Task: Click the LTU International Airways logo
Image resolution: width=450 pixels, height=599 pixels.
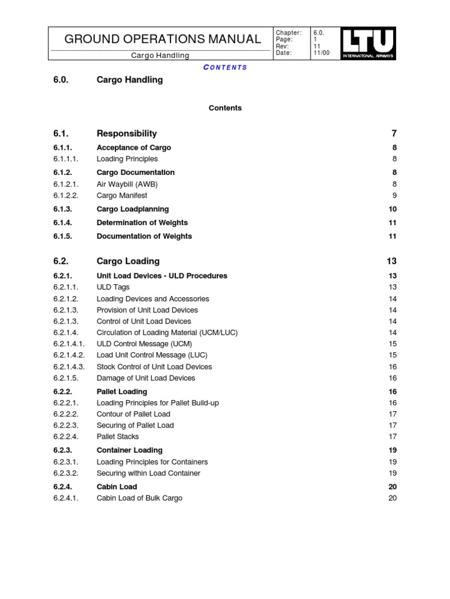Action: pos(368,44)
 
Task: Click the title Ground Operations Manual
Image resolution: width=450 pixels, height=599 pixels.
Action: pos(162,39)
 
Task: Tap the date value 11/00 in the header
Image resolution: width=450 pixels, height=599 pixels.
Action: pos(322,53)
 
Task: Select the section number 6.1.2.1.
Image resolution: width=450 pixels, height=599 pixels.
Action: pos(66,184)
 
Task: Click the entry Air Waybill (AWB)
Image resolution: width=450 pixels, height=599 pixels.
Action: pos(127,184)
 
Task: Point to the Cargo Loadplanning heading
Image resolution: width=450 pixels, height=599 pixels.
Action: pos(132,209)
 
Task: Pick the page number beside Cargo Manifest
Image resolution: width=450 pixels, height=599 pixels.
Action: pos(394,196)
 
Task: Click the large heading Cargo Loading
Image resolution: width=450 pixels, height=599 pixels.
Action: pos(128,261)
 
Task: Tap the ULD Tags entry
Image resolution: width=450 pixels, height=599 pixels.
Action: pos(113,287)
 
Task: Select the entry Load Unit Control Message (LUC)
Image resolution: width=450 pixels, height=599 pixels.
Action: pos(152,355)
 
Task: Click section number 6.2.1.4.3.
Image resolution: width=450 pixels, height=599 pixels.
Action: pos(69,367)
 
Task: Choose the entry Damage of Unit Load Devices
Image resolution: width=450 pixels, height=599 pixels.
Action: pos(145,378)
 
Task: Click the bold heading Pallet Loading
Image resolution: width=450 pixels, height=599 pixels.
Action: pos(122,392)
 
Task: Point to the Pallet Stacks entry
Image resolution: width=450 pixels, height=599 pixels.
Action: pos(118,436)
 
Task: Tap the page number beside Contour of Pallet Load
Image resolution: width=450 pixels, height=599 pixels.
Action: pos(393,414)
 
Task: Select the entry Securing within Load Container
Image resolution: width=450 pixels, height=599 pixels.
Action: pos(148,473)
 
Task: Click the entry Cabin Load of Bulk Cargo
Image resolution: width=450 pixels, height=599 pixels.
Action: pos(139,498)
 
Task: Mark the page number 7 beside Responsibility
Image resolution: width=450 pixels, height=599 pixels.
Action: pos(394,134)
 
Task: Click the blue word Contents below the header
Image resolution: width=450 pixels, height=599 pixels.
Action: pos(225,67)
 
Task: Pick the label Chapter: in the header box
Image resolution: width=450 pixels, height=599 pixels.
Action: pos(288,33)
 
